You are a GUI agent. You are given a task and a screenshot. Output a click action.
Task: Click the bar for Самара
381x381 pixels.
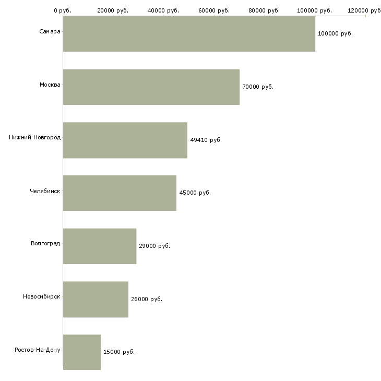(189, 34)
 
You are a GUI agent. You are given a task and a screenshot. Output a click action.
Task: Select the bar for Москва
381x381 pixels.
(151, 87)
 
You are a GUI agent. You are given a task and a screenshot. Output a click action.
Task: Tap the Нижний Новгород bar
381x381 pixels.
(125, 140)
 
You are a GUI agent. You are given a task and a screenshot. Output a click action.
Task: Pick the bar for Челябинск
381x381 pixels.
(120, 193)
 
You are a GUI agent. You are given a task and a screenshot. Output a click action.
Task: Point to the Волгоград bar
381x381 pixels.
(100, 246)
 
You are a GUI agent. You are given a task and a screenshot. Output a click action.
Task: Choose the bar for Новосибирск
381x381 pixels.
(96, 300)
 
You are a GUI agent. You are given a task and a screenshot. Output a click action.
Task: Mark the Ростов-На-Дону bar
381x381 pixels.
(82, 352)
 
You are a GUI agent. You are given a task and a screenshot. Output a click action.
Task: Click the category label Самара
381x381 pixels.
(50, 32)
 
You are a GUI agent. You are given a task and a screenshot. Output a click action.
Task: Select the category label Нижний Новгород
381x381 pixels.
(34, 138)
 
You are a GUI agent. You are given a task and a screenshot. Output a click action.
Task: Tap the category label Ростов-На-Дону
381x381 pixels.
(38, 350)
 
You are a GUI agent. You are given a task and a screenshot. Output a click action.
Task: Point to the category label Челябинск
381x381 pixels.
(45, 191)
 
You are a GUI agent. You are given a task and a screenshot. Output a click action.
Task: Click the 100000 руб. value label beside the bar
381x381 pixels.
(335, 34)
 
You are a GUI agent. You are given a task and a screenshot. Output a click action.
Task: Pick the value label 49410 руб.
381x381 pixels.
(206, 140)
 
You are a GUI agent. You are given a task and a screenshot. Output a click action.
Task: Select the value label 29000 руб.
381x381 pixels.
(154, 246)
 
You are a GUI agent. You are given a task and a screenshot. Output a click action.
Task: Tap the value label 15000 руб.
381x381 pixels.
(119, 352)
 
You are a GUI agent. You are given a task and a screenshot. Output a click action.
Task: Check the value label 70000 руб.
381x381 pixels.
(258, 87)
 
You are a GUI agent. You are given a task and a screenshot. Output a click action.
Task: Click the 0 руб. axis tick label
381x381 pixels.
(63, 10)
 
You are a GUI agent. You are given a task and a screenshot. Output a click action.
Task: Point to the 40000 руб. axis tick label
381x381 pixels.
(164, 10)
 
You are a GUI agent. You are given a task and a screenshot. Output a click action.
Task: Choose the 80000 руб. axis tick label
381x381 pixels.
(265, 10)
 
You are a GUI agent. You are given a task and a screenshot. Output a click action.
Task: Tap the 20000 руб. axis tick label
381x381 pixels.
(113, 10)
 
